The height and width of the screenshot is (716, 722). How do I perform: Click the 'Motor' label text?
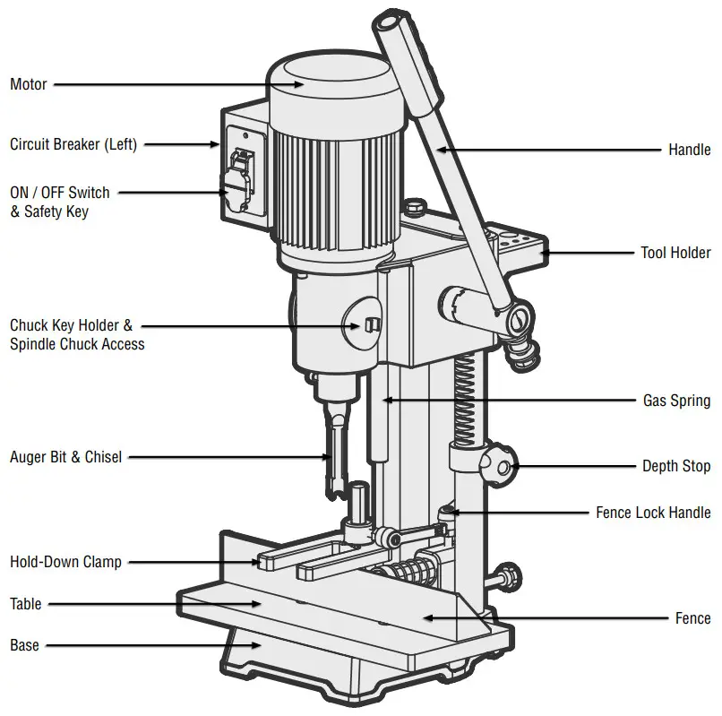pos(29,85)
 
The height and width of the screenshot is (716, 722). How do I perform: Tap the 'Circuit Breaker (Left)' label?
pos(73,143)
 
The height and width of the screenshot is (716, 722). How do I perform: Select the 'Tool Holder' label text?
pos(675,254)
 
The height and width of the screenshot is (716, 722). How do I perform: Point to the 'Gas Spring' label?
pos(676,401)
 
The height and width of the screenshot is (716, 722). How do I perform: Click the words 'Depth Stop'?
pos(676,466)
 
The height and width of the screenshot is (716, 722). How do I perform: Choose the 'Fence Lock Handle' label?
pos(653,513)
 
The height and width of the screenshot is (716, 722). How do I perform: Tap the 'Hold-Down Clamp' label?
pos(65,563)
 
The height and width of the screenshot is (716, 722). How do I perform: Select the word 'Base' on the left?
pos(24,645)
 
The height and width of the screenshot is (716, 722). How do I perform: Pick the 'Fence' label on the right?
pos(692,618)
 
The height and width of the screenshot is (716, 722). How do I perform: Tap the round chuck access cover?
pos(366,324)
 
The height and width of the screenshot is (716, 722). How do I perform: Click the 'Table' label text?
pos(26,604)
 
